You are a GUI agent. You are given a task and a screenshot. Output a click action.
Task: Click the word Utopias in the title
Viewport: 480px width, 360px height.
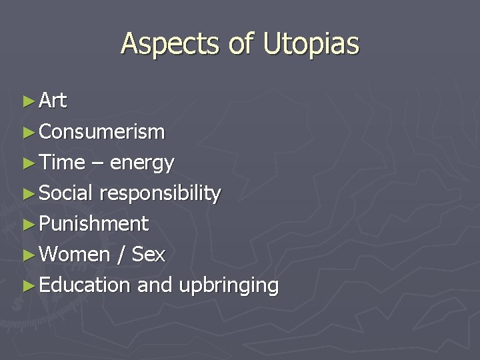tap(311, 45)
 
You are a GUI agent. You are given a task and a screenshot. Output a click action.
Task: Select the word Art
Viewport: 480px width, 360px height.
tap(53, 101)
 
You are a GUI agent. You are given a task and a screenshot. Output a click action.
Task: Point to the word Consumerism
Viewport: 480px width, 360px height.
tap(101, 132)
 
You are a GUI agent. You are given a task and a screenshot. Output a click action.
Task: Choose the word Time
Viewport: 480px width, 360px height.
tap(62, 162)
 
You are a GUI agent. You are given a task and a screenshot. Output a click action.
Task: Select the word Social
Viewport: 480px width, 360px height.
tap(66, 193)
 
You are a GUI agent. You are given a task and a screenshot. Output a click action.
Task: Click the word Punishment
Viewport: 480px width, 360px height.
tap(93, 224)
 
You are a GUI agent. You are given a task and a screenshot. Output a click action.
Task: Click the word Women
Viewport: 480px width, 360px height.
tap(74, 254)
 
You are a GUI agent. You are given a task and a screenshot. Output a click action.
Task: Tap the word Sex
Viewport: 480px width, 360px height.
tap(149, 254)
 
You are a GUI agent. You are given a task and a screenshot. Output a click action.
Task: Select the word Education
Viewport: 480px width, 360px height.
tap(84, 285)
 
